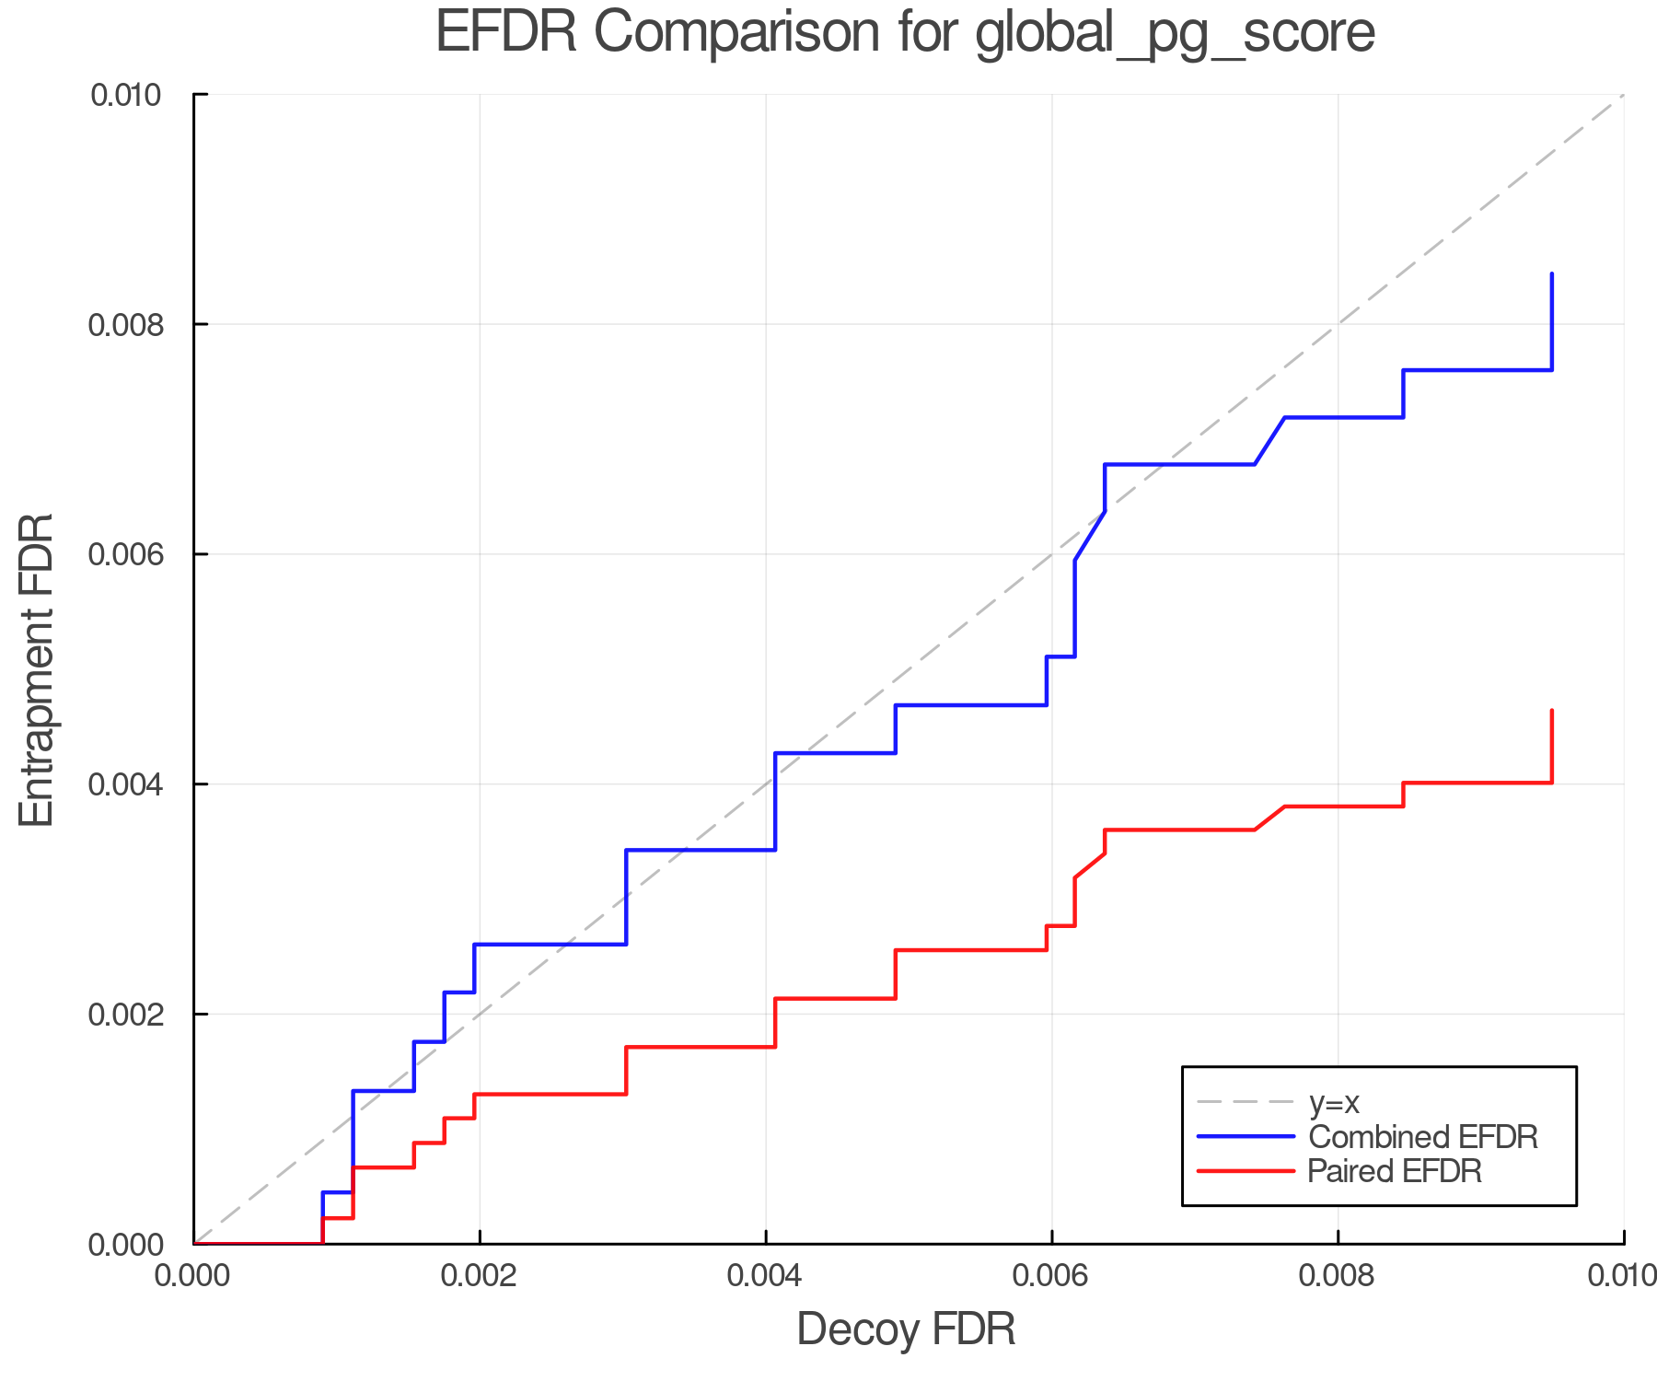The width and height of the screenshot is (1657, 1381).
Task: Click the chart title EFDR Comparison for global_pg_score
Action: click(x=905, y=33)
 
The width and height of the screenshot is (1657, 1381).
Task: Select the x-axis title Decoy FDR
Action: click(x=906, y=1329)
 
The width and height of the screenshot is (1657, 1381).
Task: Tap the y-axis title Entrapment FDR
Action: click(x=37, y=669)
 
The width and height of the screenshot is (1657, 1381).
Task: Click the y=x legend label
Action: click(x=1334, y=1102)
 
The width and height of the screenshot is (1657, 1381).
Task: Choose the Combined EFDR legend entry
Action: click(x=1422, y=1137)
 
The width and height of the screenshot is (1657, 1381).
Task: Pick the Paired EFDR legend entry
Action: click(x=1395, y=1171)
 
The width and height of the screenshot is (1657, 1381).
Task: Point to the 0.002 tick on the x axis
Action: click(x=480, y=1275)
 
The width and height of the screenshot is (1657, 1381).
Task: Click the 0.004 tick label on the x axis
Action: click(x=766, y=1275)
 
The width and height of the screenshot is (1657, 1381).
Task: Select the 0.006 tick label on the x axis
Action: click(x=1051, y=1275)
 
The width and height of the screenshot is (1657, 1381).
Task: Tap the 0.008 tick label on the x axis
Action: click(x=1338, y=1275)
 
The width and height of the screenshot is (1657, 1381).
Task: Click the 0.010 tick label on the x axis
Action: click(x=1622, y=1275)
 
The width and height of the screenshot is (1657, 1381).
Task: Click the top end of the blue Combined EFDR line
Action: click(x=1552, y=274)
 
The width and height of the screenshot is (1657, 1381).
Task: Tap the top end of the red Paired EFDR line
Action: click(x=1552, y=711)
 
